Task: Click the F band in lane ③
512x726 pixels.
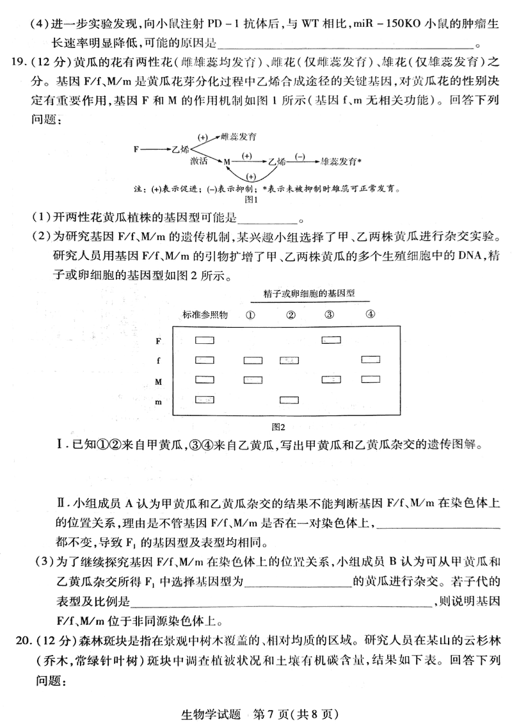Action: tap(331, 340)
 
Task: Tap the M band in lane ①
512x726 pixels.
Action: tap(253, 380)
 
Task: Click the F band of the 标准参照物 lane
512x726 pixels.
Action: tap(204, 340)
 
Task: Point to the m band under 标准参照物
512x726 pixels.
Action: tap(204, 400)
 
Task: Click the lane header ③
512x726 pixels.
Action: tap(330, 314)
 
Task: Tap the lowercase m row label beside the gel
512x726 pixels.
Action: tap(159, 401)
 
